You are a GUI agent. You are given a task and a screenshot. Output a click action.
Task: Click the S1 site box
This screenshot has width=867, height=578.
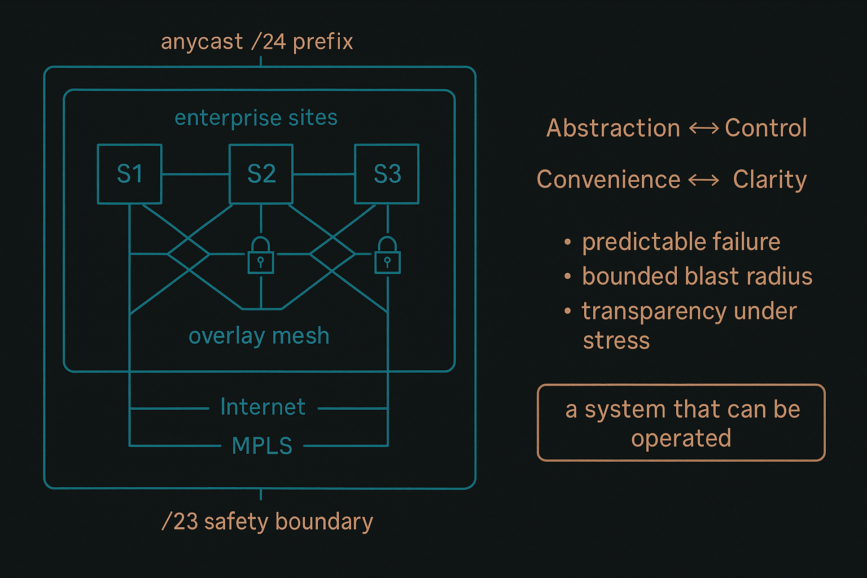[x=130, y=174]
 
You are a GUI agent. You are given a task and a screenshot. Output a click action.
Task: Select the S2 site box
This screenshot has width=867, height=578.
[x=261, y=174]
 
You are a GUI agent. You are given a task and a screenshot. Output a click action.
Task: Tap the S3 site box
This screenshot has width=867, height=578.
[x=387, y=174]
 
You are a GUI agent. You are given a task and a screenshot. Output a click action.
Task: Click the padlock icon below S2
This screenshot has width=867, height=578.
[x=261, y=256]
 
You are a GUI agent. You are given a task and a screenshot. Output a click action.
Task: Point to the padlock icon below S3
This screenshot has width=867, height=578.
[x=387, y=256]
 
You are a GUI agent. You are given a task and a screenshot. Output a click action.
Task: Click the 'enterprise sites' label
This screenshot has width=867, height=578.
[x=256, y=118]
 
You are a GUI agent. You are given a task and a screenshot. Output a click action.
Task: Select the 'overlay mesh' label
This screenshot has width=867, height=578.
[x=259, y=336]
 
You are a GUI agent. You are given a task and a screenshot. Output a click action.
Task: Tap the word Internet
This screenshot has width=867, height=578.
[x=263, y=407]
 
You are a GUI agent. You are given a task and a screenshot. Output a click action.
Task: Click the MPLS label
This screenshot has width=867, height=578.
[x=262, y=446]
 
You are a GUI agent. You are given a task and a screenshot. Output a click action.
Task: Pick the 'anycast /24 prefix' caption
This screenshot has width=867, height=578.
[x=257, y=42]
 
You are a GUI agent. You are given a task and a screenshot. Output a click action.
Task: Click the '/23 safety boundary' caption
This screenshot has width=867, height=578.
[x=267, y=522]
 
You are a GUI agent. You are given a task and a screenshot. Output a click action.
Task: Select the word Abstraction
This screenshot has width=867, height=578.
[x=613, y=128]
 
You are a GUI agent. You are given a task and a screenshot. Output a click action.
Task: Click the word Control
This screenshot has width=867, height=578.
[x=765, y=128]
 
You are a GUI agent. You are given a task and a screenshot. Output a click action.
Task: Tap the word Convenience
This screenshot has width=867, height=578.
[x=608, y=179]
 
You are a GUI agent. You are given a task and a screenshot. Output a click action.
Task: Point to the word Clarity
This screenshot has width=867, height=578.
[x=769, y=179]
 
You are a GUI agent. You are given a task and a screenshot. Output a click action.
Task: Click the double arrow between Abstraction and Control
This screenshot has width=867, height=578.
[x=703, y=129]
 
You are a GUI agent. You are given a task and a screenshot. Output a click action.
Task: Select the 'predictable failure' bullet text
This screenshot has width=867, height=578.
[x=681, y=242]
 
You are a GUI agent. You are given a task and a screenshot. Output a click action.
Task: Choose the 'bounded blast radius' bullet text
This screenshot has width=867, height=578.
[x=697, y=277]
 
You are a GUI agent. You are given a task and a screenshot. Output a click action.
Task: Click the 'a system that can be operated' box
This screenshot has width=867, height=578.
[x=681, y=423]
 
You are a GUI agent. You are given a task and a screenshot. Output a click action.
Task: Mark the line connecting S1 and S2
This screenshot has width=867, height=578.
[x=195, y=174]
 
